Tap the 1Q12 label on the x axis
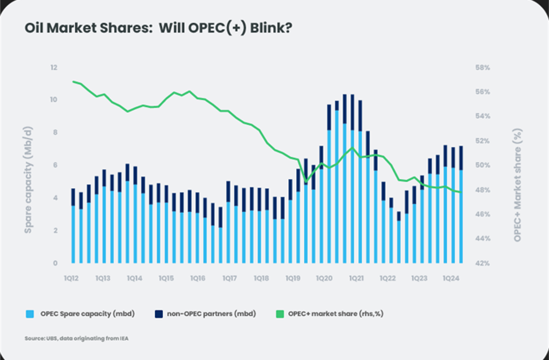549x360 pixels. pyautogui.click(x=73, y=279)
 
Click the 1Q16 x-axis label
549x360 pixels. pyautogui.click(x=198, y=279)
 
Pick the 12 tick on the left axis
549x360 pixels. pyautogui.click(x=54, y=68)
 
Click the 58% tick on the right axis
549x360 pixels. pyautogui.click(x=483, y=68)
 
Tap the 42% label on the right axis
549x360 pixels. pyautogui.click(x=483, y=263)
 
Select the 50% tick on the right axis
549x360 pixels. pyautogui.click(x=483, y=165)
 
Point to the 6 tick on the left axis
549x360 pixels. pyautogui.click(x=56, y=165)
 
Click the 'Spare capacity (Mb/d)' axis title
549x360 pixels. pyautogui.click(x=28, y=165)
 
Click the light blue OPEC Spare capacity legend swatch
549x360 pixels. pyautogui.click(x=30, y=314)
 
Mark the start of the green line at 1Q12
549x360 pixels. pyautogui.click(x=73, y=81)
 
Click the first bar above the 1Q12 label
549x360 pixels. pyautogui.click(x=73, y=232)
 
